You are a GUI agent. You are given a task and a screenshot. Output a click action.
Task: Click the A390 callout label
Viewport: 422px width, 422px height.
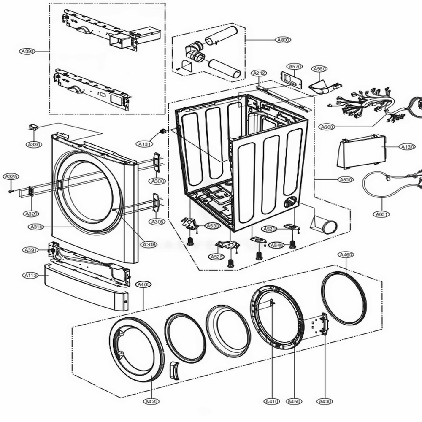click(x=27, y=51)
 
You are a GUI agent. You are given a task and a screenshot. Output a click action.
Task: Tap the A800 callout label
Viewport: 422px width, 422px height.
click(x=283, y=40)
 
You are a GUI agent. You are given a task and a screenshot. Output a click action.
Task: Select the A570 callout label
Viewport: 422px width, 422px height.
click(x=295, y=66)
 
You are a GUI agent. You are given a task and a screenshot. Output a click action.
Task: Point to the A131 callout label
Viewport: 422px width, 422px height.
click(x=145, y=144)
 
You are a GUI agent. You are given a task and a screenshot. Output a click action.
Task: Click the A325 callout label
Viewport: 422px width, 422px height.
click(x=10, y=176)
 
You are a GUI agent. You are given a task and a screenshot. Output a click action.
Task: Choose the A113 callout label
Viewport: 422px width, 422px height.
click(x=30, y=275)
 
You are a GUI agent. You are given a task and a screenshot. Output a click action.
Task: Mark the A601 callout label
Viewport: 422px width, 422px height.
click(x=382, y=214)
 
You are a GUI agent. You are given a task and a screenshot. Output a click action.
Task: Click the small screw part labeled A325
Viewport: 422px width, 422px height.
click(x=10, y=191)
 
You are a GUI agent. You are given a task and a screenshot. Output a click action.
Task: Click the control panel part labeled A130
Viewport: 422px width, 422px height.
click(x=362, y=151)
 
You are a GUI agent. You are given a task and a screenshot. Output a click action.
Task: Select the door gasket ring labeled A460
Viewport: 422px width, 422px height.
click(x=344, y=298)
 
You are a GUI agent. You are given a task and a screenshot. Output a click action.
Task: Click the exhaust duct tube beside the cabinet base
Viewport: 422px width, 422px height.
click(x=325, y=225)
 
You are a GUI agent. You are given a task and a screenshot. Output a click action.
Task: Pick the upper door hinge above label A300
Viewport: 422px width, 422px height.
click(x=156, y=162)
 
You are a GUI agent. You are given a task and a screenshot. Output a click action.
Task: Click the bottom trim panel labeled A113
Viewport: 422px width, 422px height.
click(x=87, y=287)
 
